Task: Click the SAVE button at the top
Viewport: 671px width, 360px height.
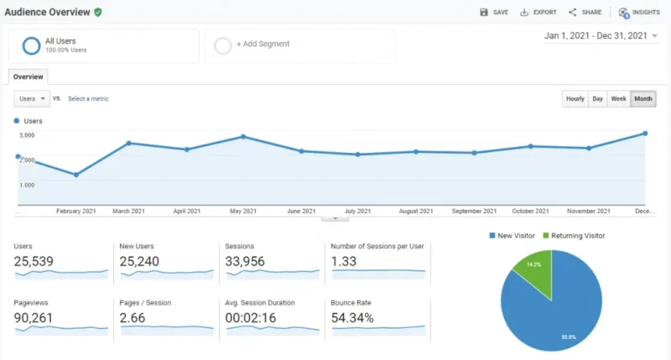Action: [x=494, y=13]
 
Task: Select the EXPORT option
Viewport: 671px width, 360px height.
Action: [x=538, y=13]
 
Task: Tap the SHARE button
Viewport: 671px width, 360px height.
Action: [x=585, y=13]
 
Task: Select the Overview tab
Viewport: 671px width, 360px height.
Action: [x=29, y=76]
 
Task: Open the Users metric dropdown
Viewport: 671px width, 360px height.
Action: [x=32, y=98]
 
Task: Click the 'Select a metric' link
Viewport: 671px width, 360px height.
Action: [x=88, y=98]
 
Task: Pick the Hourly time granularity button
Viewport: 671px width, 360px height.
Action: [x=575, y=99]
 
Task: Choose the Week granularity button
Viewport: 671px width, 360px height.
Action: [x=618, y=99]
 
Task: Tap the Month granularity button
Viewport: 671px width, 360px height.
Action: [x=643, y=99]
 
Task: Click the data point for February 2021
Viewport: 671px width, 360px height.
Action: [x=76, y=175]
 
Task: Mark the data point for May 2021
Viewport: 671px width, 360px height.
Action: [x=243, y=136]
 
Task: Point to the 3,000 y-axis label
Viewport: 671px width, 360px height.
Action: [x=27, y=135]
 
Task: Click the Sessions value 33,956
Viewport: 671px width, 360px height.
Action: [x=246, y=262]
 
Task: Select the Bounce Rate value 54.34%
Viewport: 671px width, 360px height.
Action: [x=352, y=318]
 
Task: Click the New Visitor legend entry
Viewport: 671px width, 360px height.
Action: [x=512, y=236]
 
